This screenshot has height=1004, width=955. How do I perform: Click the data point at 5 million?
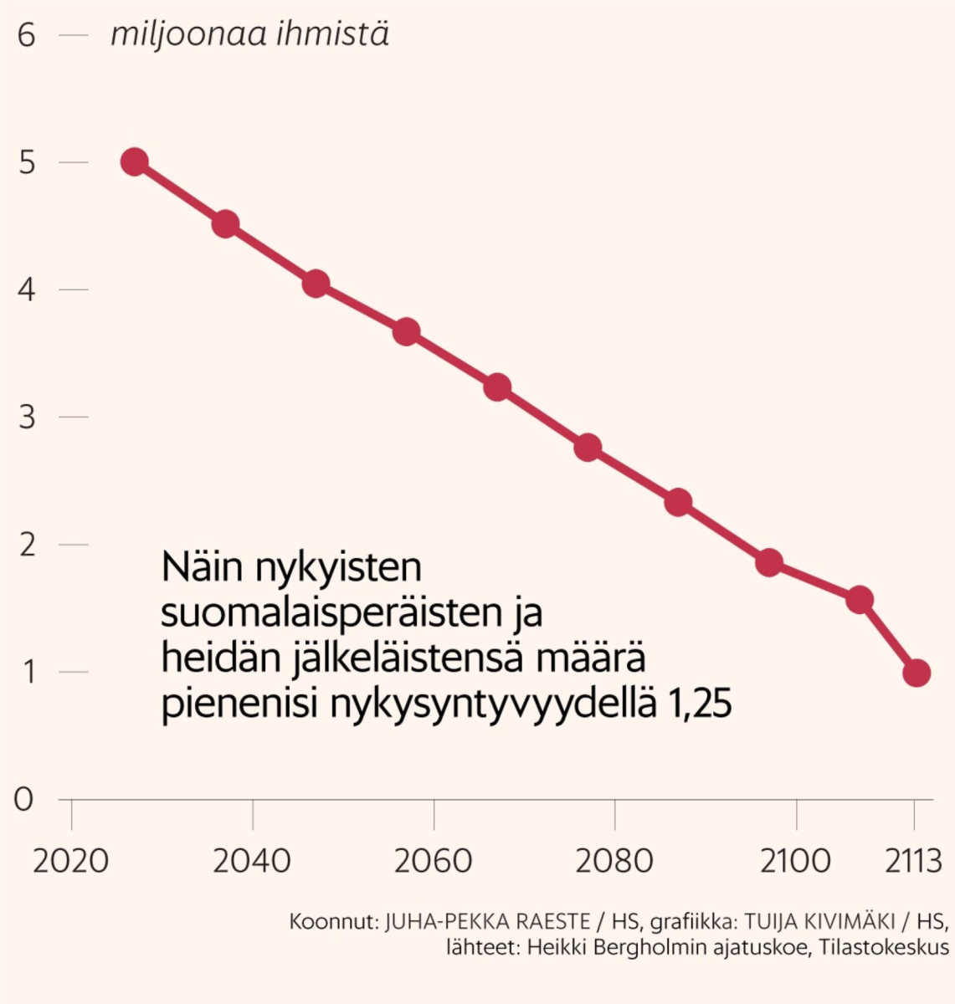[x=134, y=161]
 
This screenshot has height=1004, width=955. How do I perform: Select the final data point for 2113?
[x=916, y=672]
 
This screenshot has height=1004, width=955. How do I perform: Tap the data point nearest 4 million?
[x=316, y=284]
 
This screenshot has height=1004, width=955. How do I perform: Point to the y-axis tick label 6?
[x=27, y=36]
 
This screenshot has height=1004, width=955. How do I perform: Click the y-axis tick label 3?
[x=27, y=417]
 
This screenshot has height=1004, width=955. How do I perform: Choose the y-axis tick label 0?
[x=24, y=799]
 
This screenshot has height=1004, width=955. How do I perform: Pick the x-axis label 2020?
[x=71, y=860]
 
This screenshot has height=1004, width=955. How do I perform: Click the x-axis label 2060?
[x=434, y=860]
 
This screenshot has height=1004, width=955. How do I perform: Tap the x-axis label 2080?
[x=614, y=860]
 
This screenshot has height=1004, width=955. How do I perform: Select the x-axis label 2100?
[x=796, y=860]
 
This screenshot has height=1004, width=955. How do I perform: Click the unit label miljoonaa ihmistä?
[x=249, y=35]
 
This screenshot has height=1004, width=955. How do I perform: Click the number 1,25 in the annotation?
[x=700, y=704]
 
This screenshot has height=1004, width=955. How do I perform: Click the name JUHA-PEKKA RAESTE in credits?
[x=486, y=921]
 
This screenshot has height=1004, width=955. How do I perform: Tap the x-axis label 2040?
[x=252, y=860]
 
